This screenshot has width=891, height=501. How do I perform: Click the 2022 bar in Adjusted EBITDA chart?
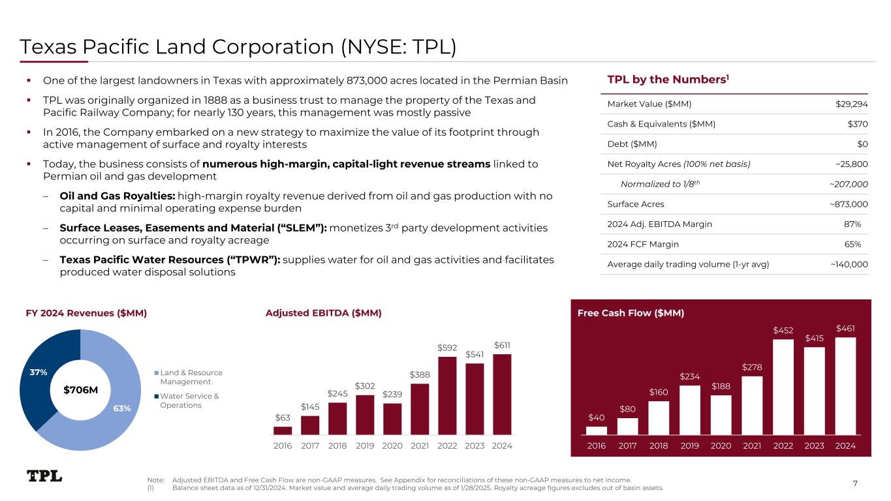point(447,395)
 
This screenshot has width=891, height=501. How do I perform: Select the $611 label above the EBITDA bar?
point(503,345)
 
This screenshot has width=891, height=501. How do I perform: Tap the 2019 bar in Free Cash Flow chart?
point(690,410)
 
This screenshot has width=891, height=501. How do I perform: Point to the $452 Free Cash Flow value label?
point(783,330)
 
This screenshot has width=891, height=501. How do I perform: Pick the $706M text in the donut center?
point(80,390)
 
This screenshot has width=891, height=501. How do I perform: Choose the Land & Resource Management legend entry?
point(191,377)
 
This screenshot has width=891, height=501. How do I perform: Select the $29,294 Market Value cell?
point(852,104)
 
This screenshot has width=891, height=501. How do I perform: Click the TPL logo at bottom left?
point(44,476)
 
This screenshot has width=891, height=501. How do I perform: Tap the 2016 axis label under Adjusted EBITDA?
point(283,446)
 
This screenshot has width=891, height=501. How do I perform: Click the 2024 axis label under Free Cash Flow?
point(845,446)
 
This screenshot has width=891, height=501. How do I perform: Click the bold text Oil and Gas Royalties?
point(117,196)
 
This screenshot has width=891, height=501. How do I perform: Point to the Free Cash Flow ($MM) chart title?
point(631,313)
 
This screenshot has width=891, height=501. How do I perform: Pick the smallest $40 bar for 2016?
point(597,430)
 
